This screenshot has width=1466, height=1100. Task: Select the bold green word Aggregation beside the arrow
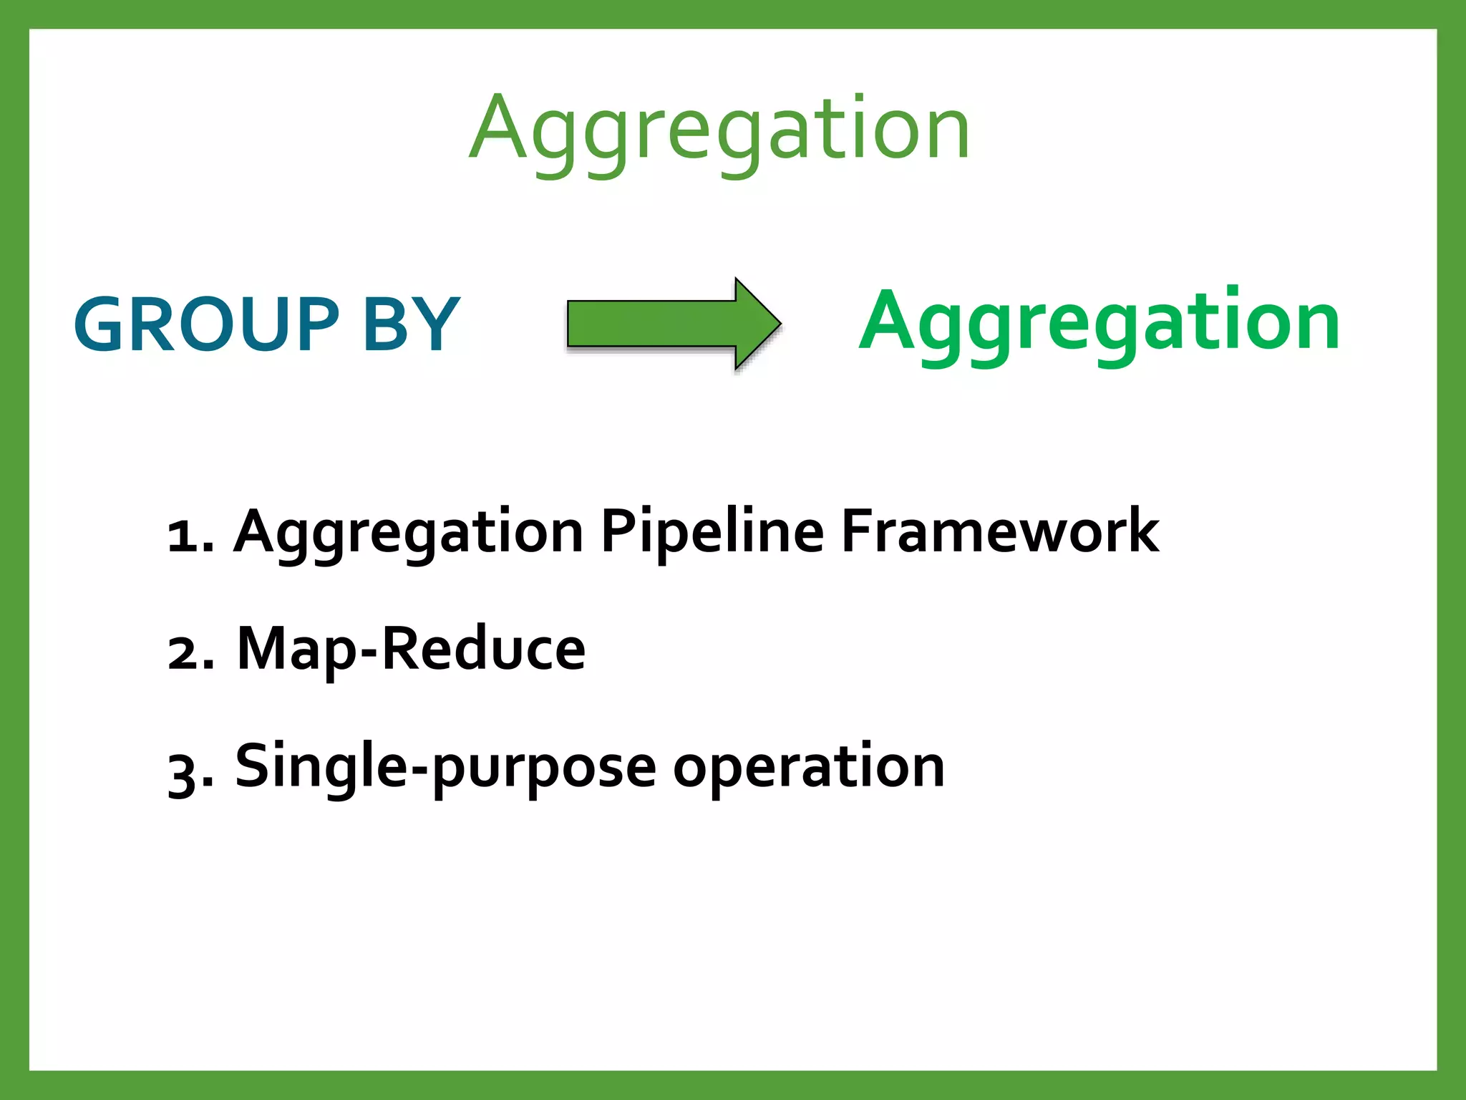[1099, 322]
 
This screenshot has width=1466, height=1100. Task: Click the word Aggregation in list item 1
[408, 534]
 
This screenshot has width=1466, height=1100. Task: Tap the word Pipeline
[712, 534]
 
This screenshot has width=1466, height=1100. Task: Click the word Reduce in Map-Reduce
[484, 649]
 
